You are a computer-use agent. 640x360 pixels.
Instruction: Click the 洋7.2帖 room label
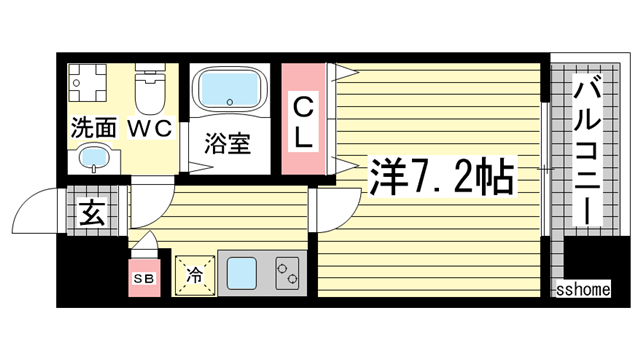[x=441, y=177]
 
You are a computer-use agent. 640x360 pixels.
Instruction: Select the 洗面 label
[x=92, y=128]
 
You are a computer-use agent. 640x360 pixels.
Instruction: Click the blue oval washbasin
[x=94, y=157]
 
